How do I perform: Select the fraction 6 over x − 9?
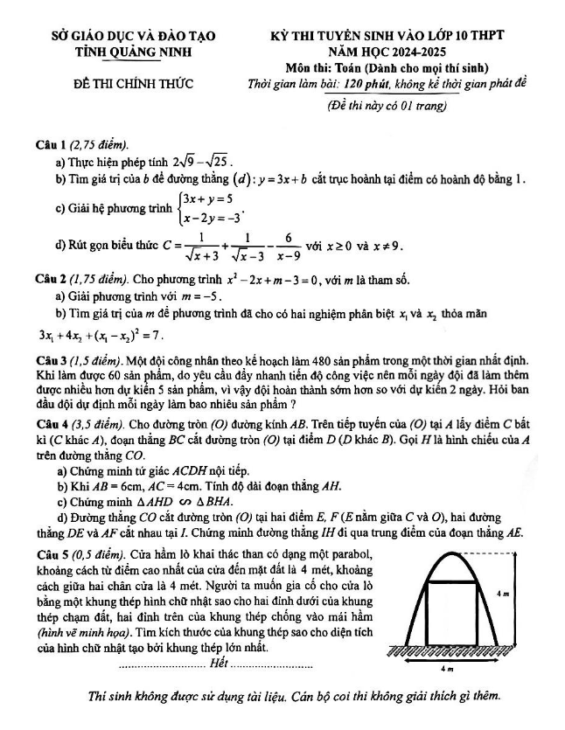coord(286,247)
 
